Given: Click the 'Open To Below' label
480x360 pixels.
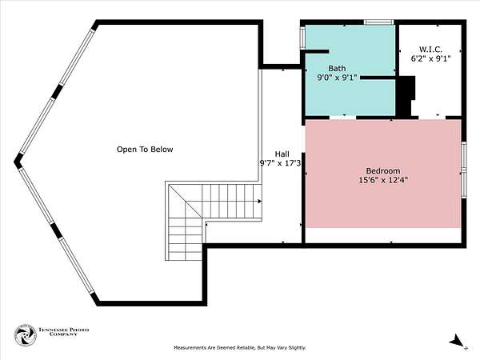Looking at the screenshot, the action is (x=145, y=150).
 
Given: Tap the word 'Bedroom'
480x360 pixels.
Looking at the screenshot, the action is (x=383, y=171).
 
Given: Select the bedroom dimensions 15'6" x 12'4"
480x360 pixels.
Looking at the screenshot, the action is (x=383, y=180).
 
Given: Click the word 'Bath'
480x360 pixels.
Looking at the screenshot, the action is (x=337, y=68).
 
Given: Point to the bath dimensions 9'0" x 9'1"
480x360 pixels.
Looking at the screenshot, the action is (x=337, y=78).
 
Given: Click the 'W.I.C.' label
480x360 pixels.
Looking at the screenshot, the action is (x=430, y=49).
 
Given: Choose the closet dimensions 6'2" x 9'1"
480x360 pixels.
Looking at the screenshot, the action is (x=430, y=58).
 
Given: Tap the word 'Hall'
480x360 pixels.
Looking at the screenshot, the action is (x=282, y=154).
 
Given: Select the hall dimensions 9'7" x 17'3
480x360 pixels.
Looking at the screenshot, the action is (x=280, y=163).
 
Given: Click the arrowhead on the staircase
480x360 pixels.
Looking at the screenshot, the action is (x=259, y=202).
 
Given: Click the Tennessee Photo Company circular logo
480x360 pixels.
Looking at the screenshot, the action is (x=26, y=335).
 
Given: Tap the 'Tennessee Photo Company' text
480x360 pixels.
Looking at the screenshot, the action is (x=63, y=332).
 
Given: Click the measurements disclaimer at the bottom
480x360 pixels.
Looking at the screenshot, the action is (x=240, y=348).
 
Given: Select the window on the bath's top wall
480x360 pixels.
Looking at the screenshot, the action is (x=378, y=22).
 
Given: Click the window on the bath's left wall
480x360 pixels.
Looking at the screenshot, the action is (x=302, y=38).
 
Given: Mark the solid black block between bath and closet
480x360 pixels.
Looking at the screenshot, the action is (x=406, y=96).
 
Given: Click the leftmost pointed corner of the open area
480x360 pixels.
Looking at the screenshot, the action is (x=14, y=162).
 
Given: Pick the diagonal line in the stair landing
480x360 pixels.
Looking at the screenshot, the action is (x=186, y=201).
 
